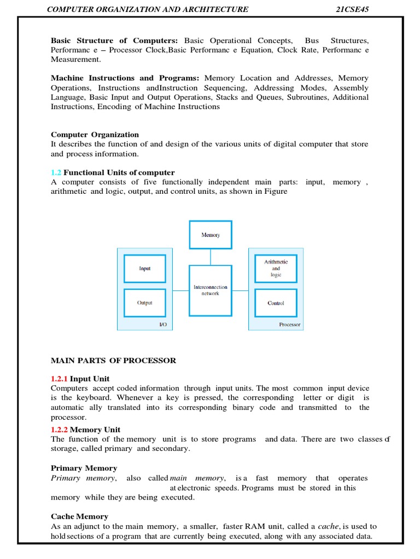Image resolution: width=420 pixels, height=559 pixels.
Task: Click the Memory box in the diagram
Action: [x=211, y=235]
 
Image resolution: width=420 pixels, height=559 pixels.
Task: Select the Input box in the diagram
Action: [x=145, y=269]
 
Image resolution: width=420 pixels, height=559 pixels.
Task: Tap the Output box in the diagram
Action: [x=145, y=303]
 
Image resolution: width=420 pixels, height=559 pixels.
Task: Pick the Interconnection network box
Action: [x=211, y=290]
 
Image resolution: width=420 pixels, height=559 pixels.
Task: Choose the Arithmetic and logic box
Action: [x=276, y=269]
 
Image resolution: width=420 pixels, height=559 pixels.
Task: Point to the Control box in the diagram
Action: [x=276, y=303]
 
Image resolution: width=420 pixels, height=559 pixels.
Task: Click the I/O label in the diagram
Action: [x=162, y=325]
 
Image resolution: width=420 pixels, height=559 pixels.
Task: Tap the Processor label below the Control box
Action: [x=290, y=325]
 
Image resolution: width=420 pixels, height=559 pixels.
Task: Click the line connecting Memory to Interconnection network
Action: [x=211, y=257]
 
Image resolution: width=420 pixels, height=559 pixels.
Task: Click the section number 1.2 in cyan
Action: [x=56, y=173]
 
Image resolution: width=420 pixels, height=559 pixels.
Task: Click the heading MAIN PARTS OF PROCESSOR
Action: [x=113, y=360]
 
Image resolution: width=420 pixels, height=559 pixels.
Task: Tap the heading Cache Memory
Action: [x=79, y=516]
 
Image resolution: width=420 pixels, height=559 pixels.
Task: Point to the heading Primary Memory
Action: [x=84, y=468]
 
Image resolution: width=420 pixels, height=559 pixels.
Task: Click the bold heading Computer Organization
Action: [x=95, y=135]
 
